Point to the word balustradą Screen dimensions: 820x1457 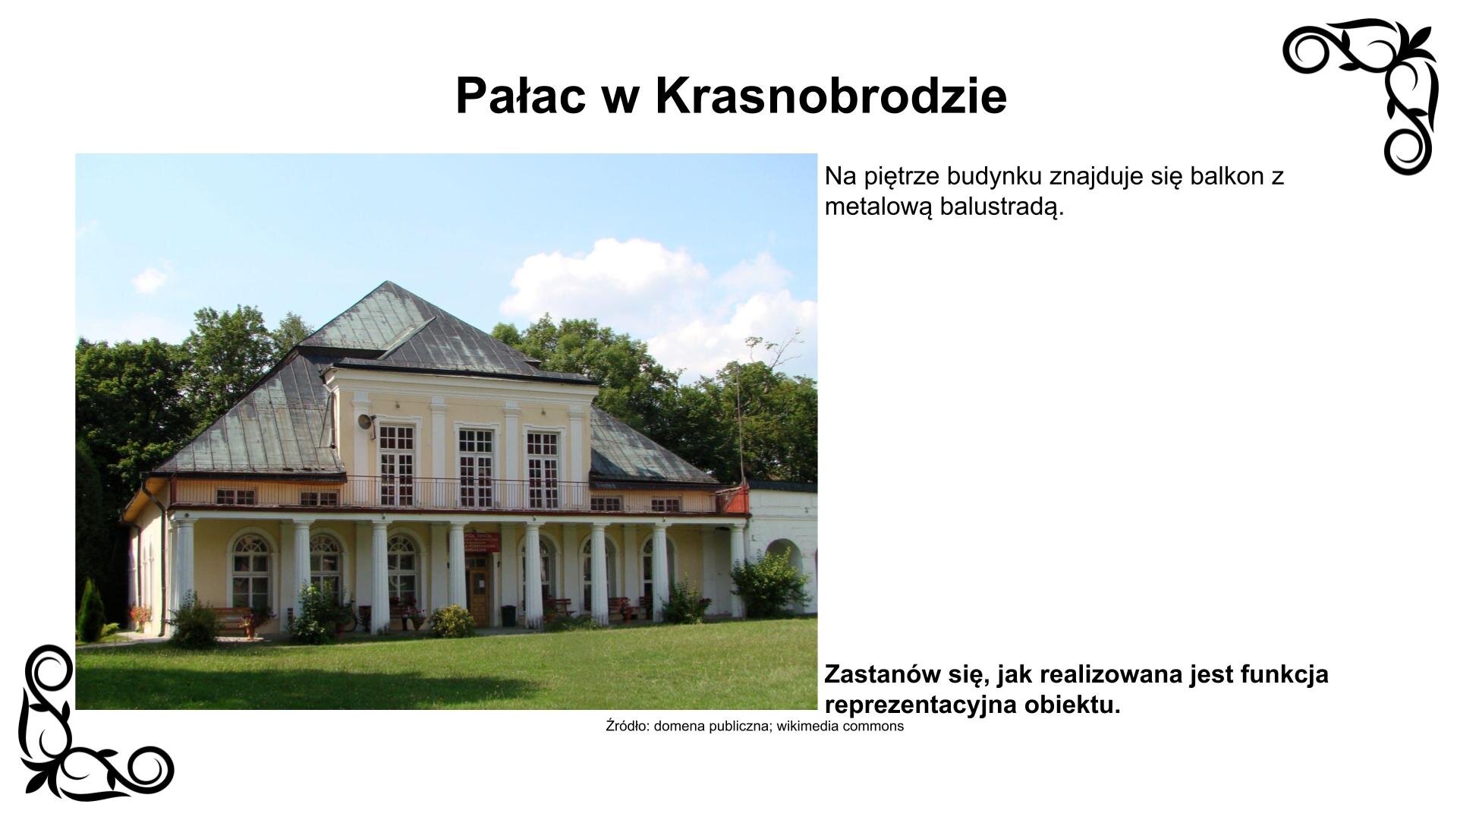tap(1002, 207)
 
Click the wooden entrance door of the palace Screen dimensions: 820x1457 tap(478, 595)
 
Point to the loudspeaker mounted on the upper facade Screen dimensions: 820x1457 tap(366, 423)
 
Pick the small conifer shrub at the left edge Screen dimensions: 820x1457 tap(90, 611)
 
